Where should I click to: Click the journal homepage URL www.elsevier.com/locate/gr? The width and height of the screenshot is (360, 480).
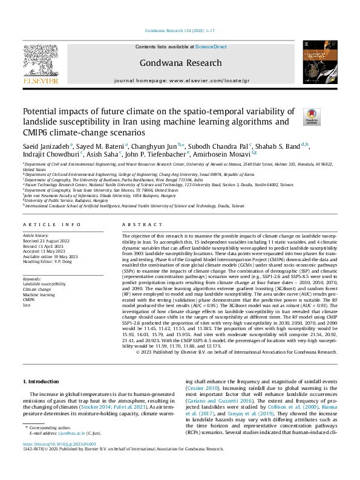pyautogui.click(x=206, y=80)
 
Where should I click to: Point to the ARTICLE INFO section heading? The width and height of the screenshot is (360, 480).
pyautogui.click(x=51, y=224)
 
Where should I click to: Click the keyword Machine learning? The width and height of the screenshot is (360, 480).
pyautogui.click(x=39, y=294)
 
